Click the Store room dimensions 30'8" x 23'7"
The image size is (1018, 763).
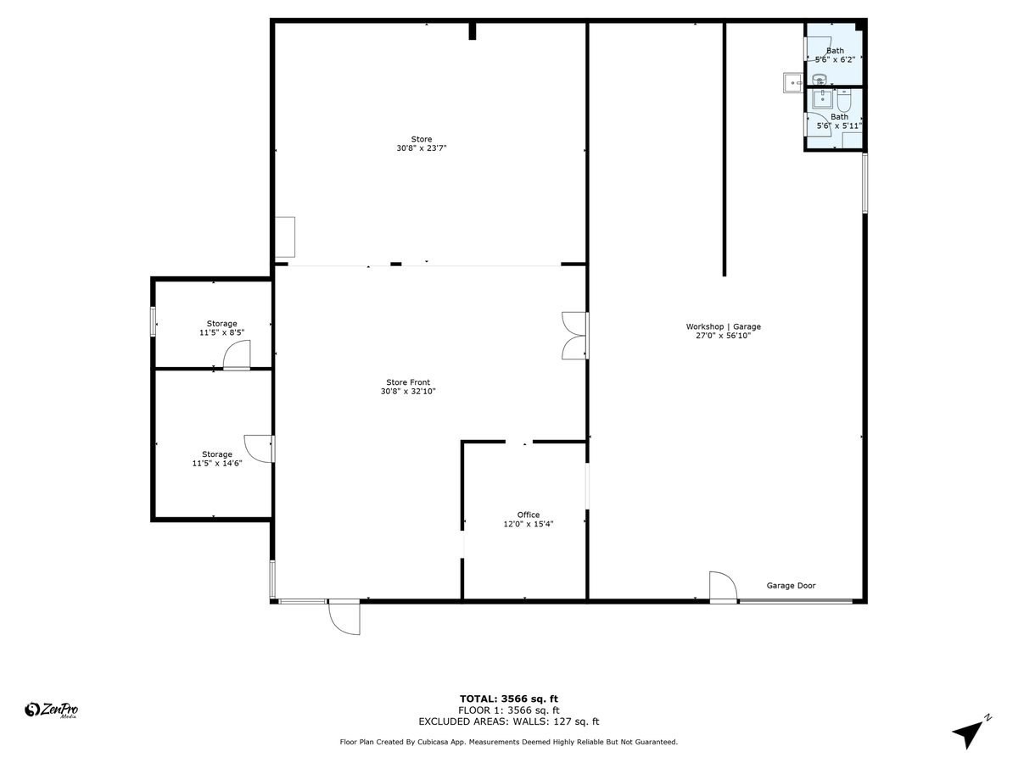coord(422,148)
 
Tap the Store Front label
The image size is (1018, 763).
coord(409,382)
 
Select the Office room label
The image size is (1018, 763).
coord(529,515)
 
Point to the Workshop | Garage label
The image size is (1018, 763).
coord(723,326)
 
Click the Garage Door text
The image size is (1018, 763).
coord(791,586)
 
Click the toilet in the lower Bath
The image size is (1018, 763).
coord(843,99)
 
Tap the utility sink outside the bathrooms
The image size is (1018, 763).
coord(791,81)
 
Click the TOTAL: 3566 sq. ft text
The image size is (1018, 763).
coord(508,699)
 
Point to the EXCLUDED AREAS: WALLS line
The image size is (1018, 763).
coord(508,722)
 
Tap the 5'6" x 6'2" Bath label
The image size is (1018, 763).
coord(836,55)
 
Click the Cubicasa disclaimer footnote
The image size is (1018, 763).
coord(508,742)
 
